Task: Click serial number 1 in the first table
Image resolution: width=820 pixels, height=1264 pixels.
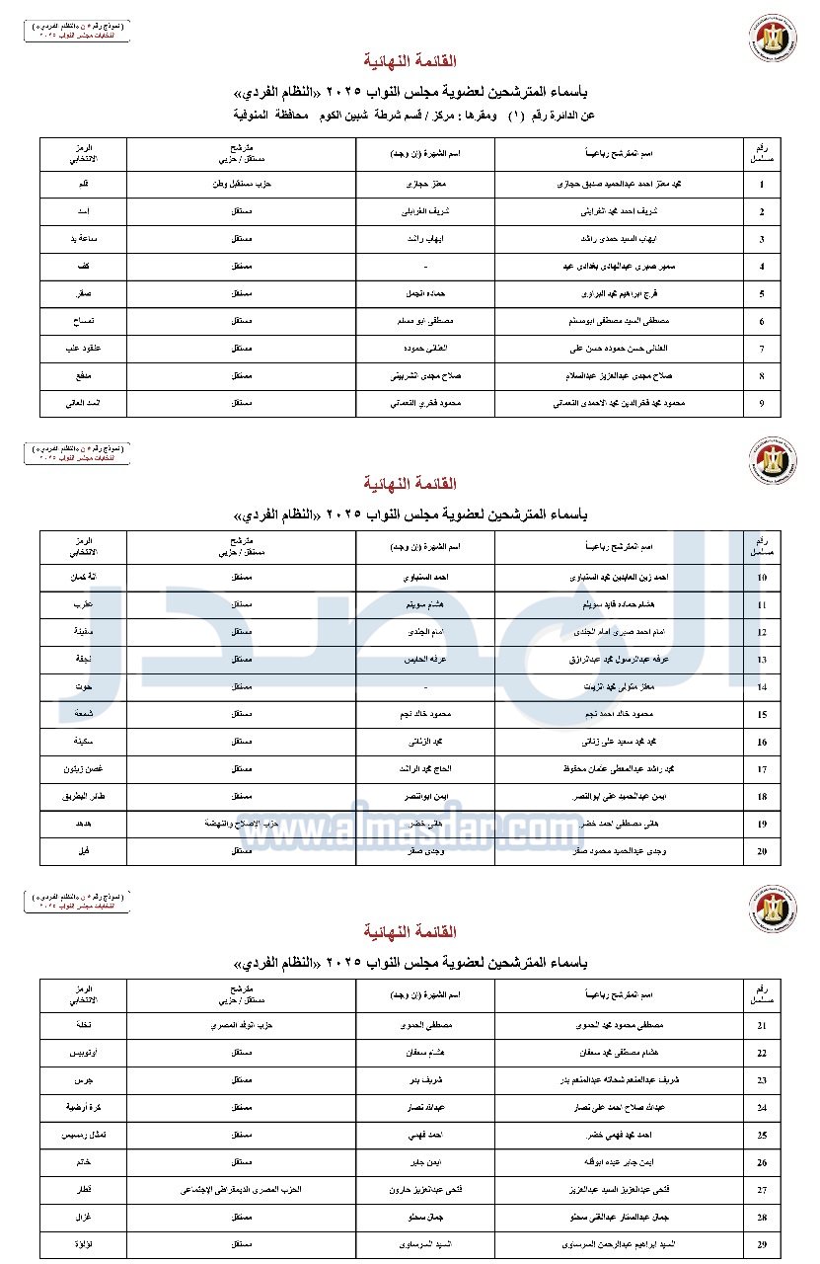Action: tap(762, 185)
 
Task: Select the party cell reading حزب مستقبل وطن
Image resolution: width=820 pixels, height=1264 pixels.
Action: tap(241, 185)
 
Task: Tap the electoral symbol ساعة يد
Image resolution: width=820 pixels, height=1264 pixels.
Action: tap(84, 240)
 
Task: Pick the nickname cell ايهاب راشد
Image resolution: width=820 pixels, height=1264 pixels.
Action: tap(425, 240)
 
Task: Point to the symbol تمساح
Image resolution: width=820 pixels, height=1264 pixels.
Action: tap(84, 322)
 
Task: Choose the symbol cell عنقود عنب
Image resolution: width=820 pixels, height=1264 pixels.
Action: tap(84, 350)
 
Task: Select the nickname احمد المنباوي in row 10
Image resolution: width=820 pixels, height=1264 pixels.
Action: tap(425, 576)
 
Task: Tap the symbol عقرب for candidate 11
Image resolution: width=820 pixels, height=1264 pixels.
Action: tap(84, 603)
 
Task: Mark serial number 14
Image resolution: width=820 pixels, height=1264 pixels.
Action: tap(762, 686)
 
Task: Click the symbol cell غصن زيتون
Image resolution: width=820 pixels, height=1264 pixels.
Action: tap(84, 767)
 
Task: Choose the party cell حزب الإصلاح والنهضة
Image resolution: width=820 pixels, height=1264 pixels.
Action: tap(241, 823)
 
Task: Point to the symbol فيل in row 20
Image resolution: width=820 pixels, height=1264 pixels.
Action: tap(84, 850)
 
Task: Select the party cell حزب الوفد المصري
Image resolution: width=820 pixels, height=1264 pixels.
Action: tap(241, 1025)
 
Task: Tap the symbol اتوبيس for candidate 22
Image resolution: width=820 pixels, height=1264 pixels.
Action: tap(84, 1054)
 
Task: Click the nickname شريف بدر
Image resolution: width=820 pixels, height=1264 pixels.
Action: tap(425, 1080)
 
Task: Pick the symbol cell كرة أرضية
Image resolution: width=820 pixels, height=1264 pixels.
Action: tap(84, 1108)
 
